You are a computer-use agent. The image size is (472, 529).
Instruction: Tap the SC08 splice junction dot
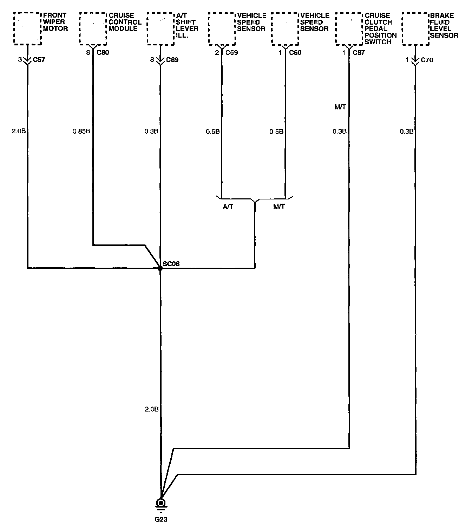pos(160,268)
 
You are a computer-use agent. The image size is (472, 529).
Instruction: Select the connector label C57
pos(39,60)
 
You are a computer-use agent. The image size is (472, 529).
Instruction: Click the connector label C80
pos(103,52)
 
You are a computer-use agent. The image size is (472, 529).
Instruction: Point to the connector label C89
pos(172,60)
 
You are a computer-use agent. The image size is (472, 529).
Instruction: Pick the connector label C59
pos(231,52)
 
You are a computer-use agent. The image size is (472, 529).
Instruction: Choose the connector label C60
pos(295,52)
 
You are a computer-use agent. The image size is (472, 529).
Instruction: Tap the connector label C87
pos(359,52)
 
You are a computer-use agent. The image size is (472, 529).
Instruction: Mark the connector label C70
pos(427,60)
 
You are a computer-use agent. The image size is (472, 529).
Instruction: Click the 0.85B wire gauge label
pos(81,131)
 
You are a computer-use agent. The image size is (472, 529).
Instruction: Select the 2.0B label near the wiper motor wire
pos(19,131)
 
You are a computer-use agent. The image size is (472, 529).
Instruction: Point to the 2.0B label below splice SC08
pos(151,409)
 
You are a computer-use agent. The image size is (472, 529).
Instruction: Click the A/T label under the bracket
pos(228,207)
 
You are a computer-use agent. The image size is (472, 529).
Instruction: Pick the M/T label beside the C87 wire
pos(340,107)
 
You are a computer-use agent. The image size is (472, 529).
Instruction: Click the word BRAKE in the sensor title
pos(442,16)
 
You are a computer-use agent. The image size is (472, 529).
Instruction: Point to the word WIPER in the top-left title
pos(54,22)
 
